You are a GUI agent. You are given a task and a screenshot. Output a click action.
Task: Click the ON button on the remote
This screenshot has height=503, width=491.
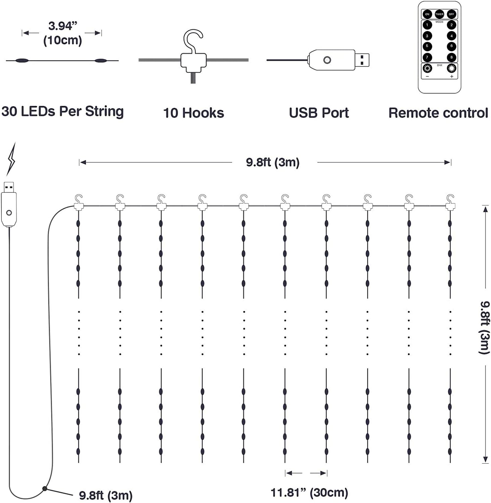(x=427, y=14)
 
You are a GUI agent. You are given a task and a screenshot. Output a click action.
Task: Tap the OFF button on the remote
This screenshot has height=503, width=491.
(x=451, y=14)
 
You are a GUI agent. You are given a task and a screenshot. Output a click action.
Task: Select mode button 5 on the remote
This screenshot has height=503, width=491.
(x=427, y=46)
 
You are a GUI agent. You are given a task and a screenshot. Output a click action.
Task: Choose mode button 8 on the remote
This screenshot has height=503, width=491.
(x=451, y=57)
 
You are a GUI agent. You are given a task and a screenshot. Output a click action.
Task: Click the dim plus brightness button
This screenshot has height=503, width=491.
(x=451, y=69)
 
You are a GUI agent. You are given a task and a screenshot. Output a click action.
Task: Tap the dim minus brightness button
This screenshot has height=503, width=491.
(x=427, y=69)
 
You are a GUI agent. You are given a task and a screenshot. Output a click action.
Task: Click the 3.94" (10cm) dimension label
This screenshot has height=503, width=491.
(x=62, y=33)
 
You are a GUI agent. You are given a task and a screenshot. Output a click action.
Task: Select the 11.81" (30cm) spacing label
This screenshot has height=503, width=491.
(x=309, y=493)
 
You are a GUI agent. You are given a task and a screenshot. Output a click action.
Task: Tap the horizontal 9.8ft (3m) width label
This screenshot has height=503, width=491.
(x=273, y=162)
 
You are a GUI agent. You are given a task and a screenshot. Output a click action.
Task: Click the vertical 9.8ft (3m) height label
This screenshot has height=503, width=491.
(x=484, y=327)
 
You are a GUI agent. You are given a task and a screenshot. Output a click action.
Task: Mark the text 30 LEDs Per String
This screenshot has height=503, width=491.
(x=62, y=111)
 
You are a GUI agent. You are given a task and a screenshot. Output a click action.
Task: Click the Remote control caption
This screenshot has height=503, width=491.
(x=438, y=113)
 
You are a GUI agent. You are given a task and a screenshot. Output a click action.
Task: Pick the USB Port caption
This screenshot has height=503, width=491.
(x=319, y=113)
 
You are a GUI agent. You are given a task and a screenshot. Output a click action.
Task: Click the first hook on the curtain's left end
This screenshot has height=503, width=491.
(x=79, y=202)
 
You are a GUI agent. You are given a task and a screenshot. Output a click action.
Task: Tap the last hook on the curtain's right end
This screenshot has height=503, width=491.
(x=450, y=202)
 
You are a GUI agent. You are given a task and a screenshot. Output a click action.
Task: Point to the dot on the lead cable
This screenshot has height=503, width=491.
(x=44, y=488)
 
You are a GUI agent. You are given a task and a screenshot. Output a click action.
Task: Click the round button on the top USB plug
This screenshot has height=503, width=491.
(x=327, y=60)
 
